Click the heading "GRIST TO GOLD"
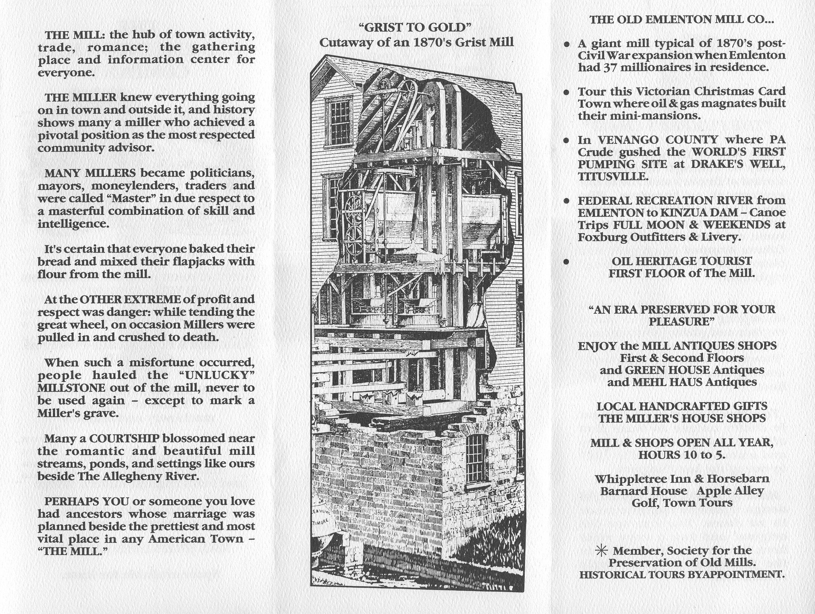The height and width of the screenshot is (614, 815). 416,27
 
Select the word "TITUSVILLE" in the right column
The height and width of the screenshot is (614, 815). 613,176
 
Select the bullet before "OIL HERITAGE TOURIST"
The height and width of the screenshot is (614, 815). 566,262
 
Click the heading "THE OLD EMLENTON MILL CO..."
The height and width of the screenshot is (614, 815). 681,20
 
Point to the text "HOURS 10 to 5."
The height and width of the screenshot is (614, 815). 681,455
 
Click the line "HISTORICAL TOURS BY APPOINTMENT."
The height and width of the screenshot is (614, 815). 681,574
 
